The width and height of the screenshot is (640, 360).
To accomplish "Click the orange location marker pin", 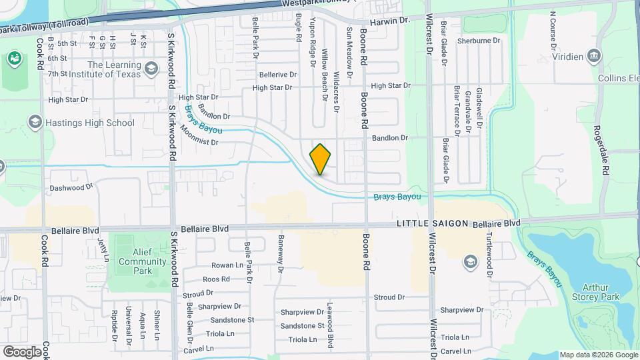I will [x=320, y=159].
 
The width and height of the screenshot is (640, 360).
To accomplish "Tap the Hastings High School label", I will [x=90, y=123].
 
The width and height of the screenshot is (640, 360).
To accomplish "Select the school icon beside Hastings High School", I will [x=35, y=122].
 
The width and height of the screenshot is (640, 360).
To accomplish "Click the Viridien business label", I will [x=569, y=57].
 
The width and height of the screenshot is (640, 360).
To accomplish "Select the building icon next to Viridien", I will [x=593, y=57].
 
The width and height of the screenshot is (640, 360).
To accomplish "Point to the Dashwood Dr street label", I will [x=71, y=188].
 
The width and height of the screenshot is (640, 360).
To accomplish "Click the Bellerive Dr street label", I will [x=278, y=75].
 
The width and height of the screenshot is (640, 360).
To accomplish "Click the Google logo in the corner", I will [x=22, y=351].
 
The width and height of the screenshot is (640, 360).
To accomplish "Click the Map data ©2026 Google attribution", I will [x=599, y=355].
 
